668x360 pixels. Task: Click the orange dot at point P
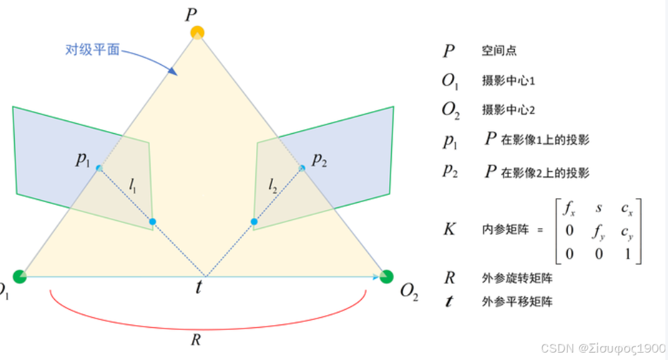(197, 32)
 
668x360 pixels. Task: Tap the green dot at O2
(386, 276)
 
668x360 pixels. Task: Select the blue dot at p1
(99, 167)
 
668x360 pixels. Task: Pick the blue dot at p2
(302, 167)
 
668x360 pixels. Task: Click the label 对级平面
(92, 50)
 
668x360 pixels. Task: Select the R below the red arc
(196, 339)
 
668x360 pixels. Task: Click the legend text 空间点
(499, 51)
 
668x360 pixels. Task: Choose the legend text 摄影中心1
(508, 81)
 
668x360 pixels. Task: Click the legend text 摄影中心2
(508, 109)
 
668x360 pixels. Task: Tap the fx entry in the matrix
(569, 209)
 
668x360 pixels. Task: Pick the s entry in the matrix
(598, 209)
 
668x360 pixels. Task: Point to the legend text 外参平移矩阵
(517, 302)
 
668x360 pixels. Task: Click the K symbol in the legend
(449, 229)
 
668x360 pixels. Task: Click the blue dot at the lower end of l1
(152, 221)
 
